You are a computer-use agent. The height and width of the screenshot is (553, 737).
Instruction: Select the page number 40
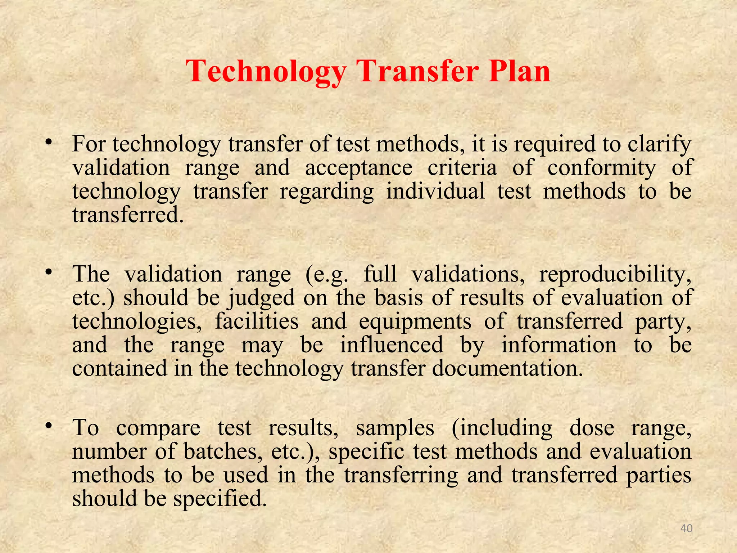click(x=687, y=529)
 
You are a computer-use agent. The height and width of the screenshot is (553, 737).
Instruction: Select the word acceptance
click(x=359, y=168)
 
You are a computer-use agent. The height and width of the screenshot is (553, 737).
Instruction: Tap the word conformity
click(x=602, y=168)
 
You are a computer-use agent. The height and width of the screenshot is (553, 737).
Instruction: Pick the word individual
click(x=435, y=191)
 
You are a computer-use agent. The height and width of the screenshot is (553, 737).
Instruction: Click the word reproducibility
click(x=615, y=275)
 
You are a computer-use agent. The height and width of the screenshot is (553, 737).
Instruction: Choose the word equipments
click(x=415, y=322)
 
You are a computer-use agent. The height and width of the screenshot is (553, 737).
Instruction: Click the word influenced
click(x=392, y=345)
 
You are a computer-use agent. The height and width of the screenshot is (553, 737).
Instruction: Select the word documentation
click(x=507, y=369)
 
